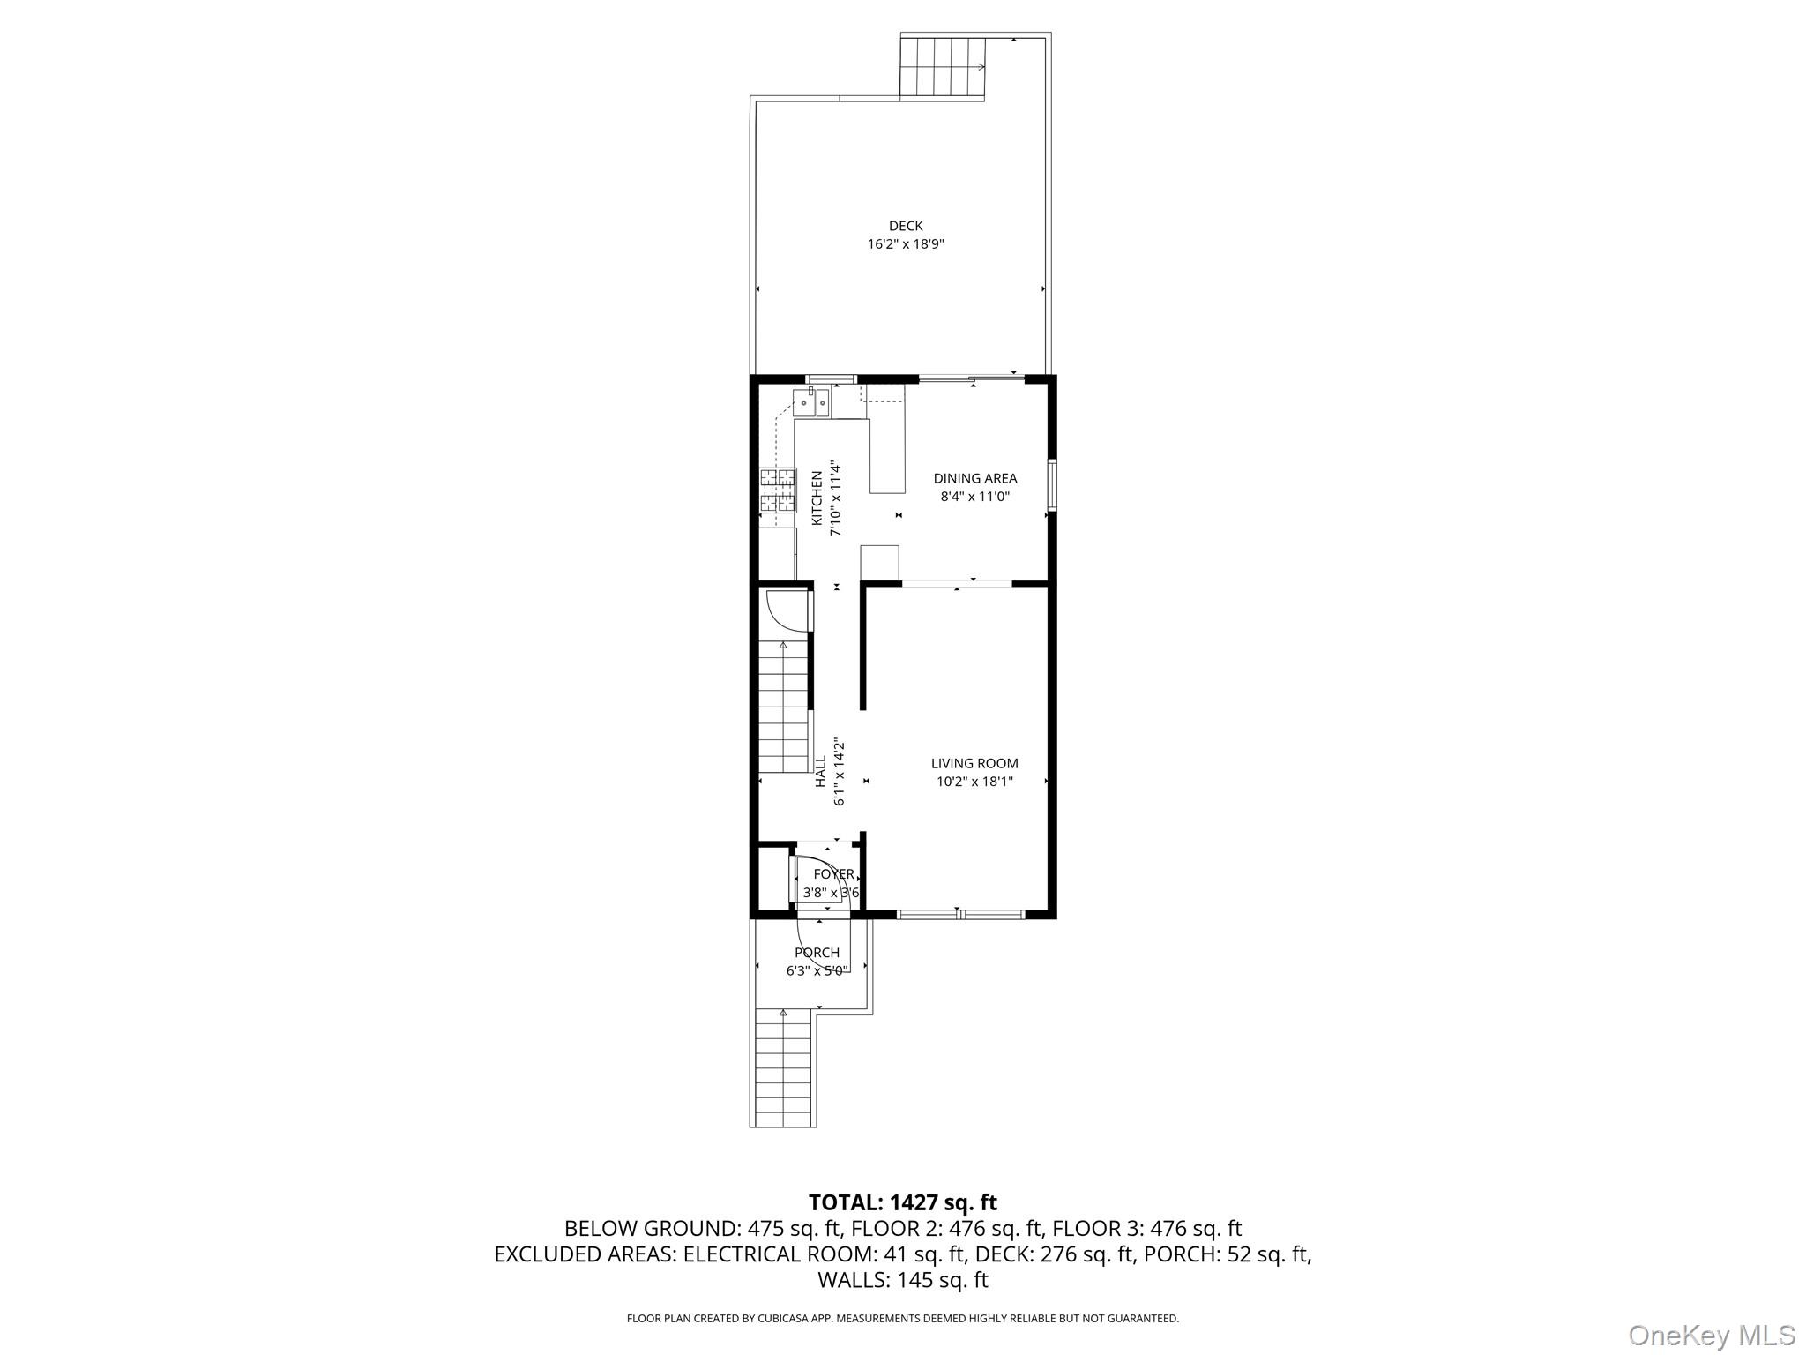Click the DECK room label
[x=906, y=227]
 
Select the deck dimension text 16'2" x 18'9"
[x=906, y=244]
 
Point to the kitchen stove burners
[x=778, y=490]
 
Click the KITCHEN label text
[x=817, y=499]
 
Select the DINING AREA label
[x=974, y=478]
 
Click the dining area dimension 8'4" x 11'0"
[x=974, y=497]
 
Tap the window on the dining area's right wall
[x=1052, y=485]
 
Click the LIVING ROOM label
[x=974, y=763]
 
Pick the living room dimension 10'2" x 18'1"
[x=974, y=782]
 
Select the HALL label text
[x=821, y=771]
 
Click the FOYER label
[x=833, y=874]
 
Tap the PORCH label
[x=817, y=953]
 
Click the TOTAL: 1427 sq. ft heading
[x=902, y=1202]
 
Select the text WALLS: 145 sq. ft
[x=902, y=1280]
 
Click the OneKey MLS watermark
[x=1711, y=1335]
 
